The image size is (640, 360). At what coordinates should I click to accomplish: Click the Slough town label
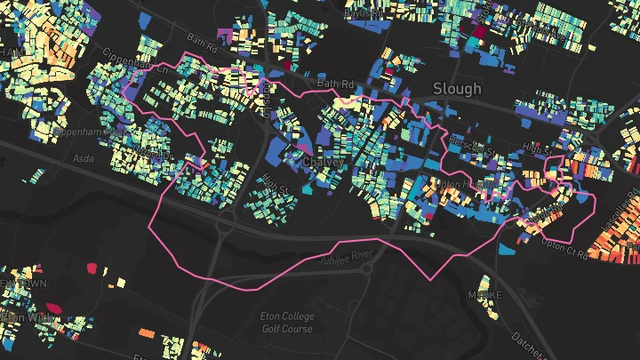click(457, 88)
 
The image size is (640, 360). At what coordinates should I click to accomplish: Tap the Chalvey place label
click(323, 164)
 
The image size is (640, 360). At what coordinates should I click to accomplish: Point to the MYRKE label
click(484, 294)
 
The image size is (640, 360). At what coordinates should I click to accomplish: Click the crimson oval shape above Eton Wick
click(53, 308)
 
